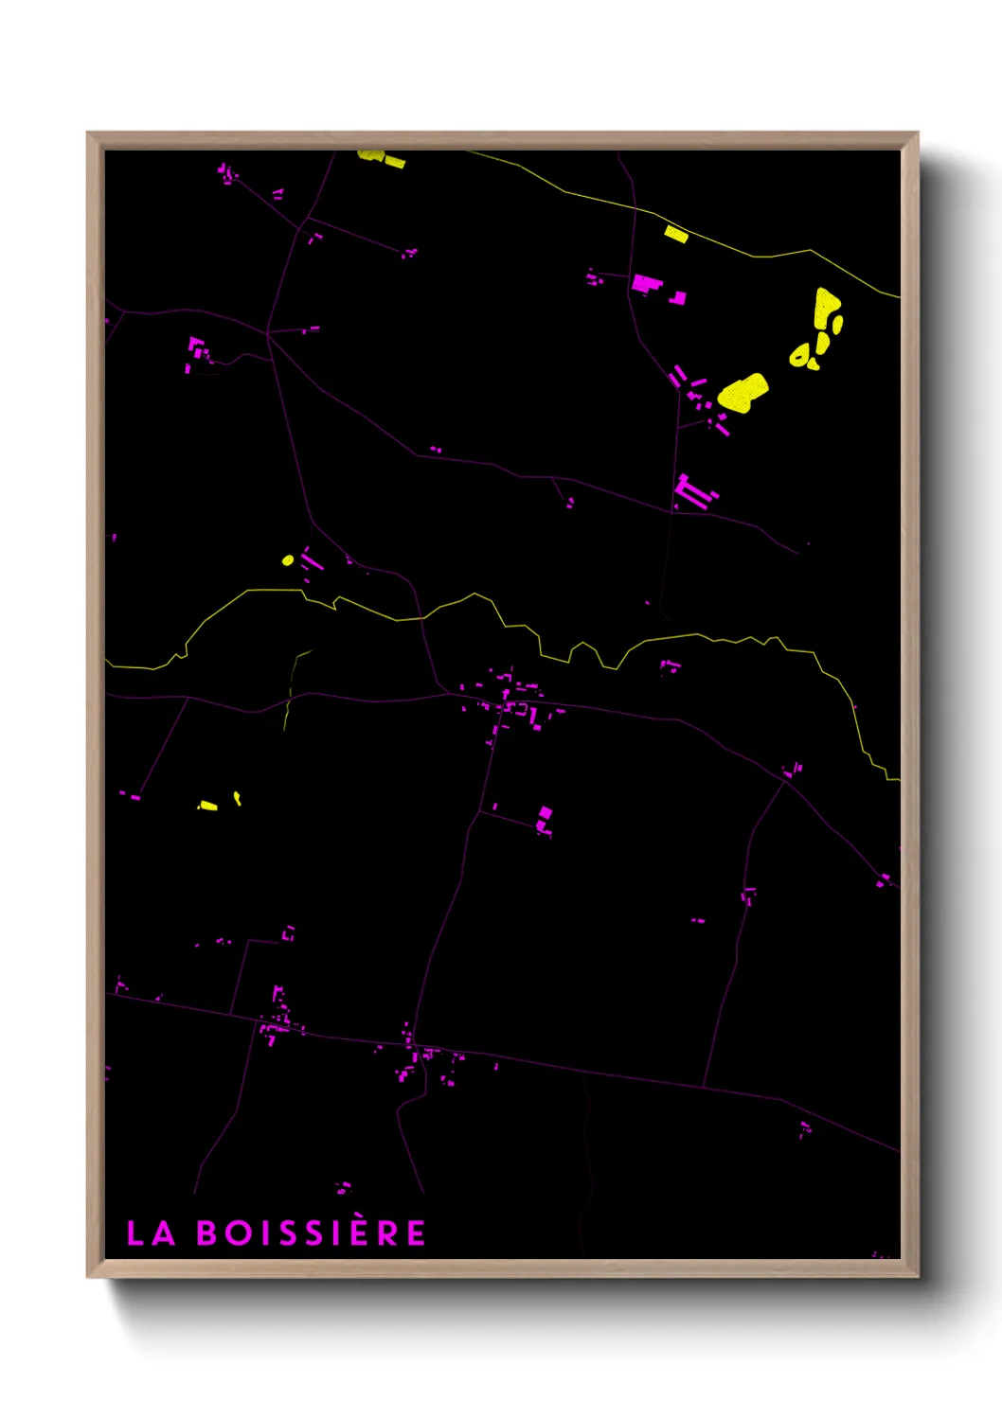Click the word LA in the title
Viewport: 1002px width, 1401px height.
pos(151,1233)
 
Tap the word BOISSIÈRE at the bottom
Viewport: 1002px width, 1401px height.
pos(312,1233)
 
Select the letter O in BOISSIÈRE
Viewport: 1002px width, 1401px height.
pos(236,1233)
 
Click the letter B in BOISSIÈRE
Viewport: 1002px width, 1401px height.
pos(206,1233)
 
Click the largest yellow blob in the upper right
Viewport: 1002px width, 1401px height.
pos(743,393)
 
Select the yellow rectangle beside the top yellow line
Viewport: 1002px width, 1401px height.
pos(675,234)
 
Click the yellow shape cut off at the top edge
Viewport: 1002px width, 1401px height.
pos(382,158)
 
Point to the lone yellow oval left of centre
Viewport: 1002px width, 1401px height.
pos(288,560)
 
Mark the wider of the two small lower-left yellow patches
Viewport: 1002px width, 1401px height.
pos(207,806)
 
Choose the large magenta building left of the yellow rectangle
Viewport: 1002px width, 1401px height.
pos(644,282)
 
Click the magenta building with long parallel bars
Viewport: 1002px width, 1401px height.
pos(694,493)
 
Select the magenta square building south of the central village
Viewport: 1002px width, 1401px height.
pos(545,813)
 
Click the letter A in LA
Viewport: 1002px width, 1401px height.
pos(164,1233)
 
